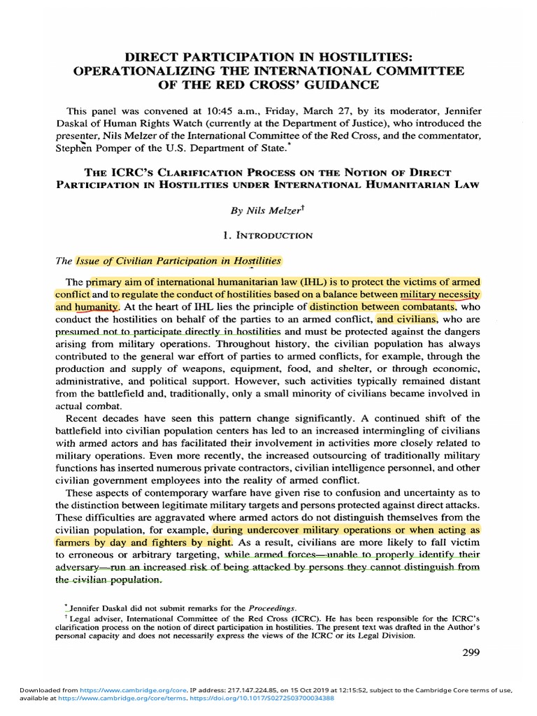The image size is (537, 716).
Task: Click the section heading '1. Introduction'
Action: (x=268, y=236)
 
